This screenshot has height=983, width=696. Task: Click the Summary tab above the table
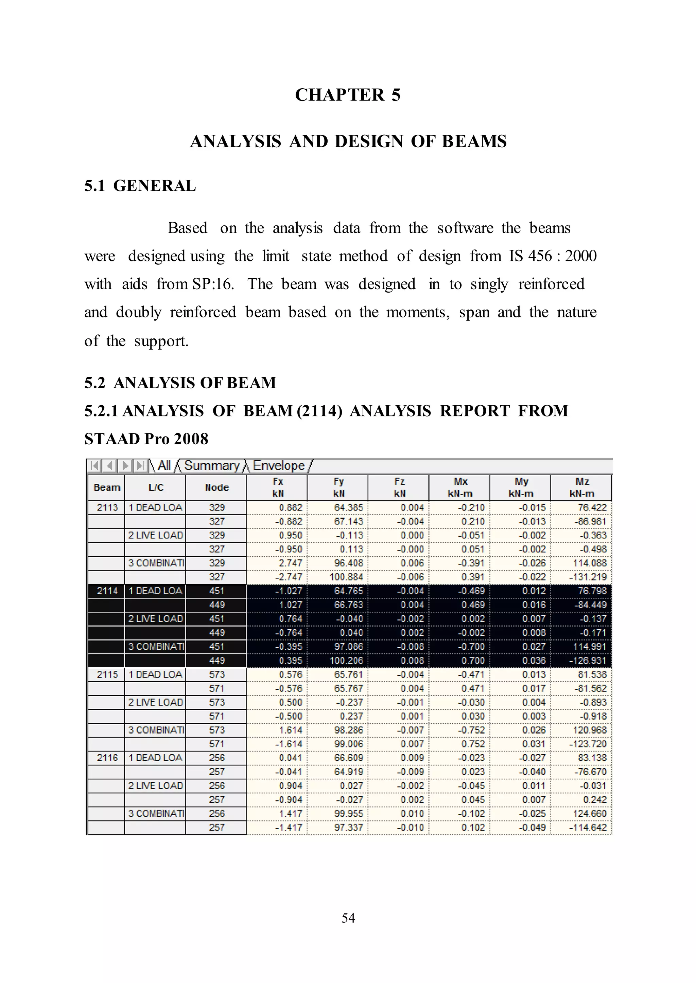point(212,466)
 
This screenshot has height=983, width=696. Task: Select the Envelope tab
point(279,466)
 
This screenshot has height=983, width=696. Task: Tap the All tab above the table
point(164,466)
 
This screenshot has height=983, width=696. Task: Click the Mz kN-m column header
point(581,487)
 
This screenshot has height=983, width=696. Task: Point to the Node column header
point(216,487)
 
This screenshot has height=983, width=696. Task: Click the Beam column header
point(107,487)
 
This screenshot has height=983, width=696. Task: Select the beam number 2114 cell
point(107,591)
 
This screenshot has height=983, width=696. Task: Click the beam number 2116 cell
point(107,758)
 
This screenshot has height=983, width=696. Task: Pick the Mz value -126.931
point(588,661)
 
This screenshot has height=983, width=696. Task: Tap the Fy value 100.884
point(346,577)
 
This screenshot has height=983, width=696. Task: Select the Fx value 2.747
point(291,563)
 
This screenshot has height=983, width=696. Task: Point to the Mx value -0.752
point(471,730)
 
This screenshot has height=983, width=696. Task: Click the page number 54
point(348,918)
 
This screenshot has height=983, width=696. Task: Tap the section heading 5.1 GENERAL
point(140,186)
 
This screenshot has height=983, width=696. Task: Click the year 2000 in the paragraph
point(581,256)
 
